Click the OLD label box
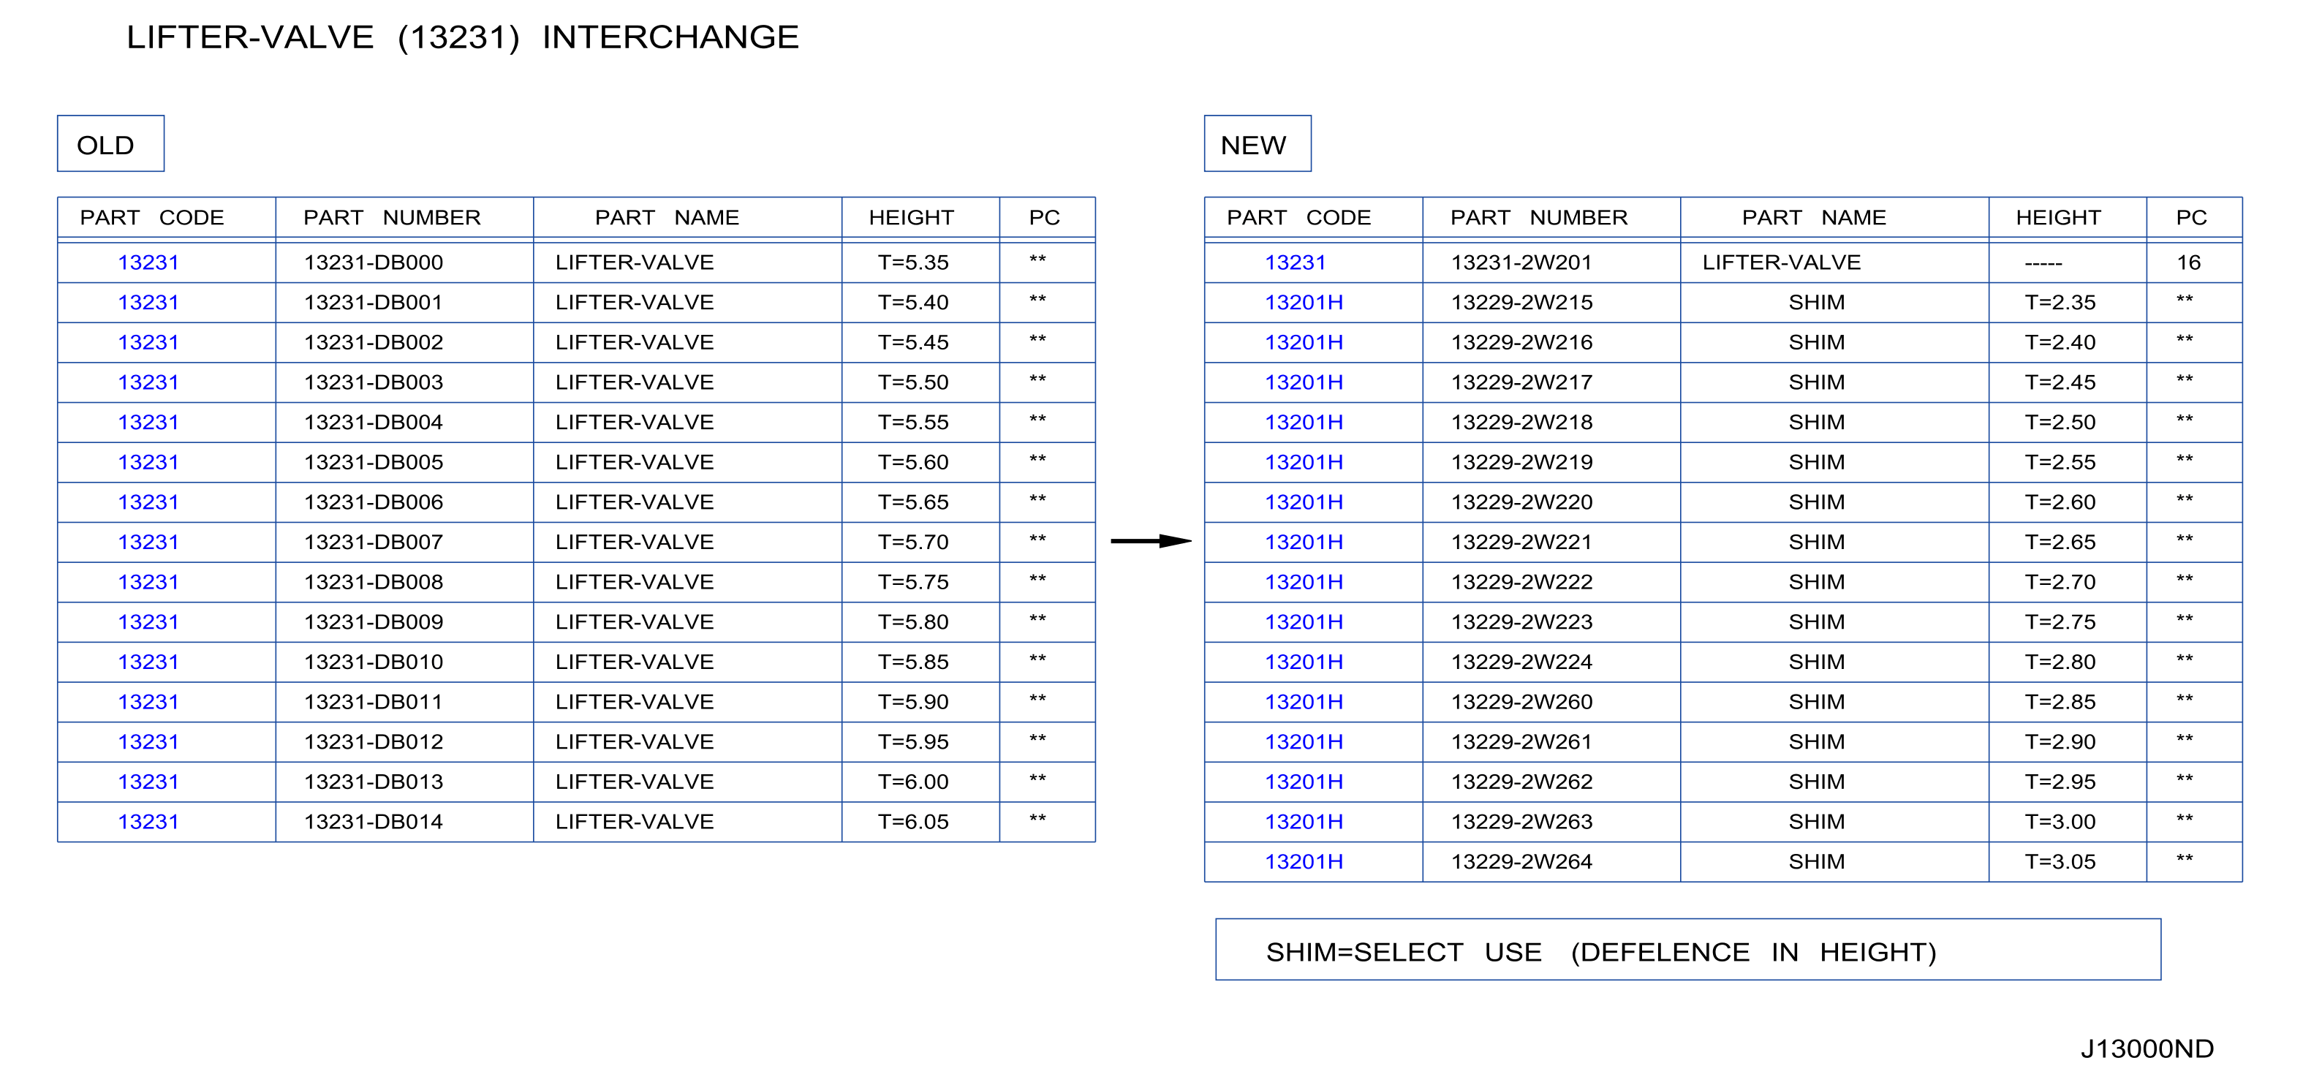pyautogui.click(x=111, y=143)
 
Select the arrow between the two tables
pyautogui.click(x=1151, y=541)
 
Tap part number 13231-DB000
pyautogui.click(x=373, y=262)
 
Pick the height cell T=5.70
pyautogui.click(x=913, y=542)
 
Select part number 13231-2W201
pyautogui.click(x=1521, y=262)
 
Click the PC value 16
pyautogui.click(x=2187, y=262)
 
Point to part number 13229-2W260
pyautogui.click(x=1521, y=703)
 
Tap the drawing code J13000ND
pyautogui.click(x=2147, y=1048)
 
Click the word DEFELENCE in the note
pyautogui.click(x=1660, y=953)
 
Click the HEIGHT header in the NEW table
pyautogui.click(x=2057, y=218)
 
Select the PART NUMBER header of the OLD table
pyautogui.click(x=392, y=218)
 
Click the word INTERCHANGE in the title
pyautogui.click(x=670, y=37)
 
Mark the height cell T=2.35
pyautogui.click(x=2060, y=303)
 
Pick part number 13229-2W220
pyautogui.click(x=1521, y=502)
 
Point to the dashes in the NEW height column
pyautogui.click(x=2043, y=265)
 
